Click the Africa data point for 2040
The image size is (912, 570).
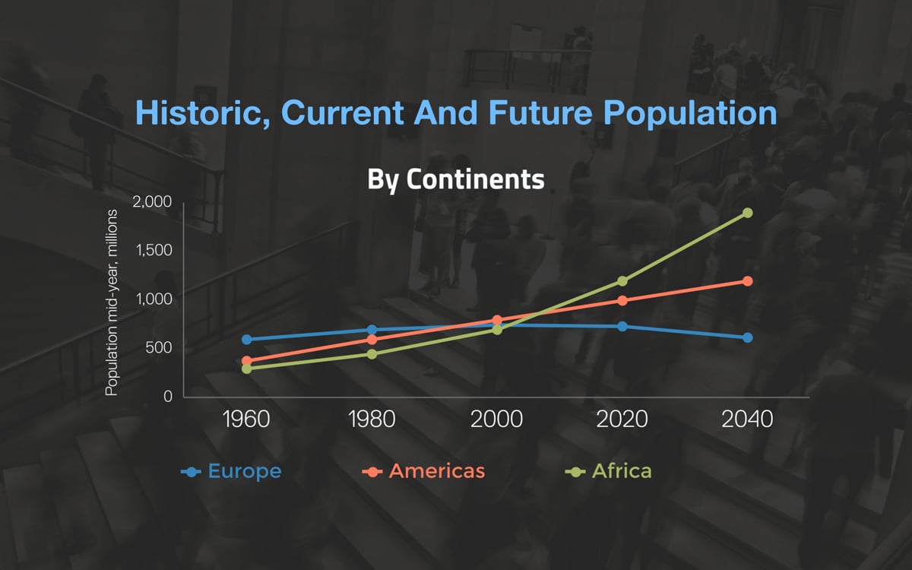pos(747,213)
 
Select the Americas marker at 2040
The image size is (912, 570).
pos(747,281)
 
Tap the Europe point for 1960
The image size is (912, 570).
pos(247,339)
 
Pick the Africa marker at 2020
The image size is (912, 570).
pos(622,281)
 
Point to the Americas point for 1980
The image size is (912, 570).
pos(372,340)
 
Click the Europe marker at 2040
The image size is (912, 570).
pos(747,337)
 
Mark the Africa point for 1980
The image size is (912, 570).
pos(372,354)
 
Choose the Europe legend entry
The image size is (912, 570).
pos(231,471)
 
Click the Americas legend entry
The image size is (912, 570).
pos(423,471)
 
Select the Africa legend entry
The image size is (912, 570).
pos(608,471)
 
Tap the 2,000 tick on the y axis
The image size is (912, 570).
pos(152,202)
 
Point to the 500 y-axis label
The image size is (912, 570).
pos(159,348)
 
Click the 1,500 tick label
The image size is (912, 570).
pos(154,250)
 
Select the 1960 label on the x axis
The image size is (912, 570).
pos(246,420)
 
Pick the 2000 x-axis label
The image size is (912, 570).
pos(497,420)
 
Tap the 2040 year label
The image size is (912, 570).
pos(747,420)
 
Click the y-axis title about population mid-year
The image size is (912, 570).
pos(111,302)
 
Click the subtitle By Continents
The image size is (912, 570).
pos(456,179)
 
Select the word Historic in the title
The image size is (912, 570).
pos(202,112)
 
